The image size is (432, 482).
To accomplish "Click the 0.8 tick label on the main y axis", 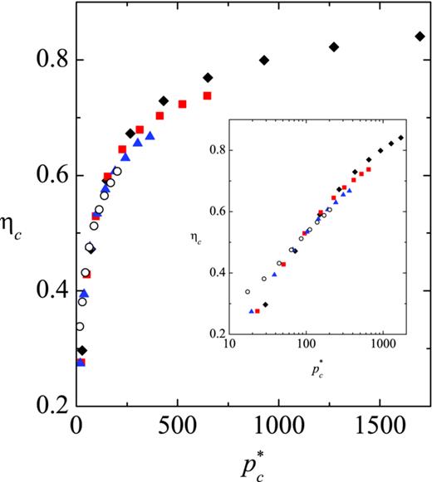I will pos(43,60).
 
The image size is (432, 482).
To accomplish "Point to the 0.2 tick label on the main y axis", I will pos(43,407).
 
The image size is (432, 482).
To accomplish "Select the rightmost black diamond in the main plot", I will pos(420,37).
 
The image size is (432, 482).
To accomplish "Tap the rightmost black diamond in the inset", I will pos(401,138).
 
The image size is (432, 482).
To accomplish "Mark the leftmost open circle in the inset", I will pos(248,291).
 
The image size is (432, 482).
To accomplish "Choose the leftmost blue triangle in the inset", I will pos(252,311).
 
